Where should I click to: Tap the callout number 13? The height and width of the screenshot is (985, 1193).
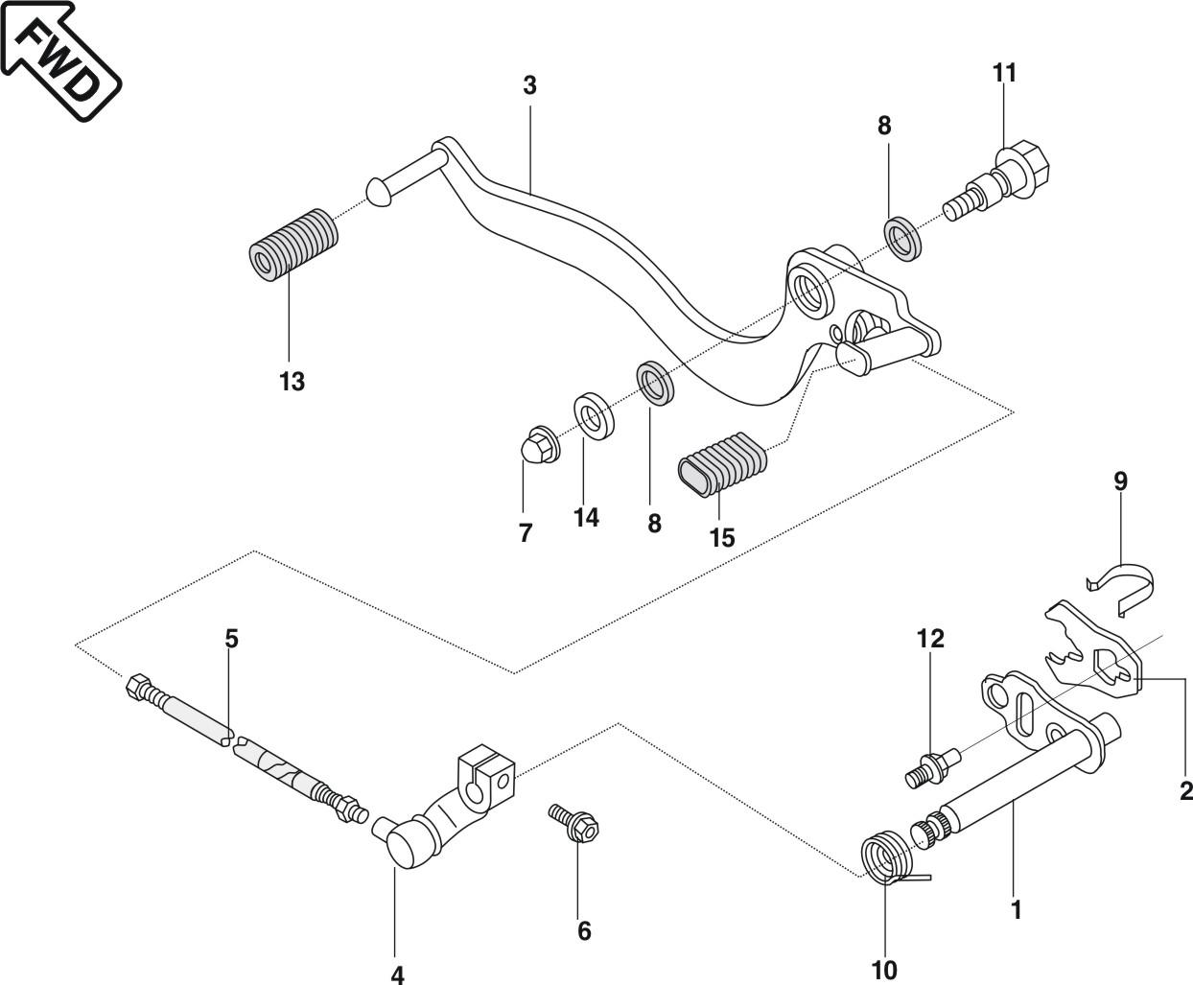292,381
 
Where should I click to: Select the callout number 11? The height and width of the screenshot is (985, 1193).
1004,73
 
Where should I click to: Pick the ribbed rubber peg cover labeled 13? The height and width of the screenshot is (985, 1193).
293,246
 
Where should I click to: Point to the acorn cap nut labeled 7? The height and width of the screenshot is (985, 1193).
540,443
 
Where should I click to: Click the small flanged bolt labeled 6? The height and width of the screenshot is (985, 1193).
573,823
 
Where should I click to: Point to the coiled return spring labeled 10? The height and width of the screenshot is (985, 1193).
889,859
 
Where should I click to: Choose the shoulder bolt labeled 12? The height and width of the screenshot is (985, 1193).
933,769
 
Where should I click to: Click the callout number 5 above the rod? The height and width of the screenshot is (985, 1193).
231,639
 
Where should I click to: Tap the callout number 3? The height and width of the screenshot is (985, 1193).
529,85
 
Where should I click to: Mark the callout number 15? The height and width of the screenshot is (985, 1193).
722,538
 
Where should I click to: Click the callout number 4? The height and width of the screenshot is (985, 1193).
397,974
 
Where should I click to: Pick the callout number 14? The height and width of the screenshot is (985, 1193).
586,518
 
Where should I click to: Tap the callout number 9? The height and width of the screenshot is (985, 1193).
1120,481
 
